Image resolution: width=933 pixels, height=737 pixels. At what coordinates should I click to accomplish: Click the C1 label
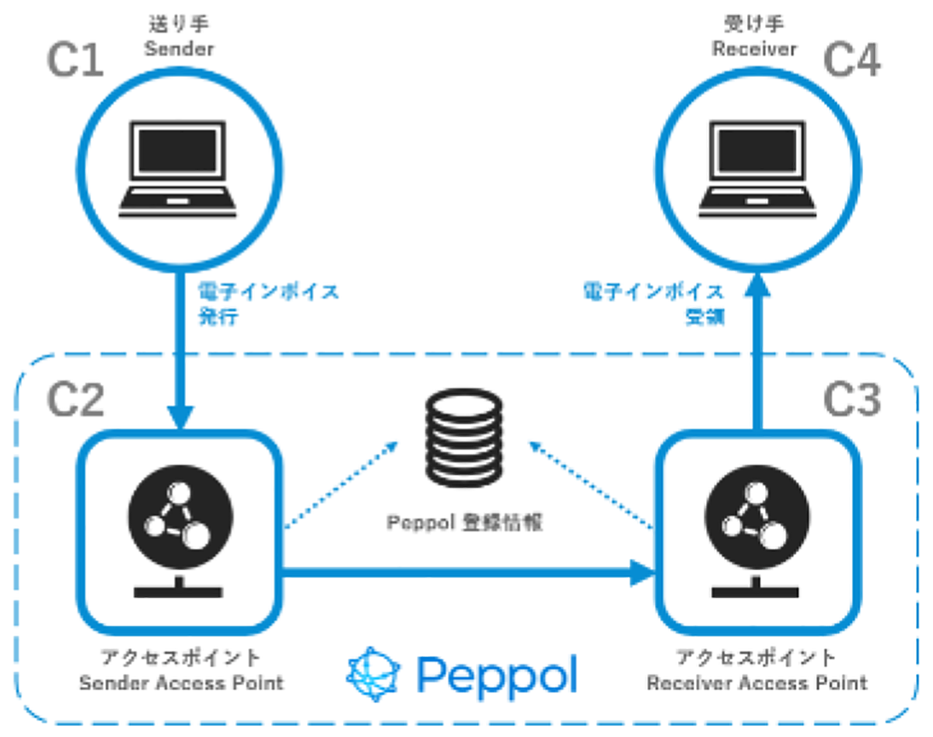point(75,61)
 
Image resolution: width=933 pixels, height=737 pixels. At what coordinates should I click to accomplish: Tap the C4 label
point(851,61)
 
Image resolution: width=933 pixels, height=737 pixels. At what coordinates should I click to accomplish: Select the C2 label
point(75,400)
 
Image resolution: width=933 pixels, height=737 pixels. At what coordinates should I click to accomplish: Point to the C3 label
point(851,400)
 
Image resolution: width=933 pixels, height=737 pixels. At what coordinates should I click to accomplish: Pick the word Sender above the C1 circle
point(179,50)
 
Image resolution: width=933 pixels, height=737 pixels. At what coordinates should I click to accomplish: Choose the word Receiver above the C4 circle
point(755,50)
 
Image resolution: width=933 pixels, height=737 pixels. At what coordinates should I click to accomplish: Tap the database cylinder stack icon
point(463,438)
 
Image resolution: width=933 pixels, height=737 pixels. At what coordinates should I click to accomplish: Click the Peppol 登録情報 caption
point(464,522)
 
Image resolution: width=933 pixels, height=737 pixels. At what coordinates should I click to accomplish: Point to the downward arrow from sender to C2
point(180,350)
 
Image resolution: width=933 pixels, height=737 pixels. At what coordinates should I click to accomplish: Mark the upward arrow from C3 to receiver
point(759,350)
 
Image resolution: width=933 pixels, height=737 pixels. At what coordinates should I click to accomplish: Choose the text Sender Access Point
point(181,683)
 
